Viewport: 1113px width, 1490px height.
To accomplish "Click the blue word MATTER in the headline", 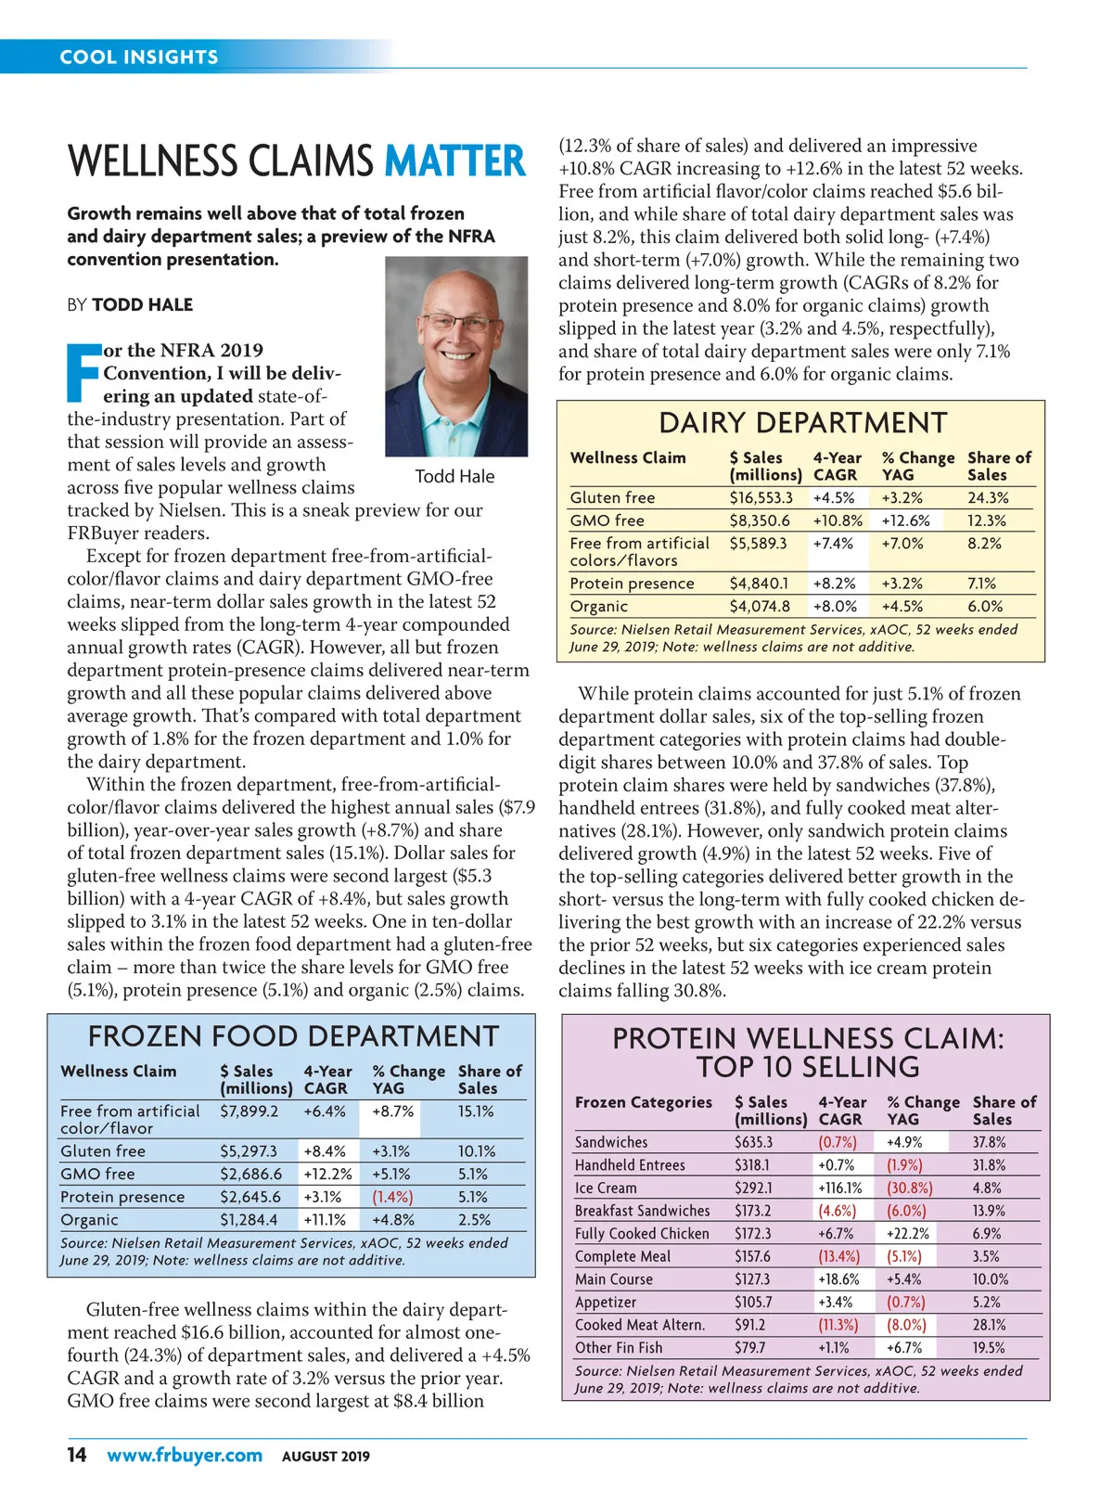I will (454, 161).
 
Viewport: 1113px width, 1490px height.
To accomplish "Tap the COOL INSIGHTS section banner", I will (139, 57).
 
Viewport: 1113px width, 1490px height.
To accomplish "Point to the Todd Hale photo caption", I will (454, 476).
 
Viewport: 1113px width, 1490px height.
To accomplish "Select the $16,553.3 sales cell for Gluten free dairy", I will (761, 497).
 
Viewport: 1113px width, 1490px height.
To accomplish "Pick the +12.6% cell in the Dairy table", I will (905, 520).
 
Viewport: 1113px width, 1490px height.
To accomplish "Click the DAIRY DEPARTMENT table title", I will (802, 423).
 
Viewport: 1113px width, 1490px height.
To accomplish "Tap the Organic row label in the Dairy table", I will (599, 606).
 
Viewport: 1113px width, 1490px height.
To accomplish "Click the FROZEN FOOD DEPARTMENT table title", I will (293, 1036).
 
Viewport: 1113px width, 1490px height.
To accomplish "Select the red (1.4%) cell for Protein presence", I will (392, 1197).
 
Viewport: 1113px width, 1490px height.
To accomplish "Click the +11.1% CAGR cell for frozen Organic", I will (325, 1220).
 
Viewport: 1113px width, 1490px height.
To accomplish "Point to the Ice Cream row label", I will (606, 1188).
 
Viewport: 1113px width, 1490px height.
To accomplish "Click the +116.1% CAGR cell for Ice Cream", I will (839, 1188).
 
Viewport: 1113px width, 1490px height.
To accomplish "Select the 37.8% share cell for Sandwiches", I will (990, 1142).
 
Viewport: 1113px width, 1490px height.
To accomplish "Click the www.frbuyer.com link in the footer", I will (185, 1455).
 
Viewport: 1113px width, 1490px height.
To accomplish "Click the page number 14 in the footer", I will (77, 1454).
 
